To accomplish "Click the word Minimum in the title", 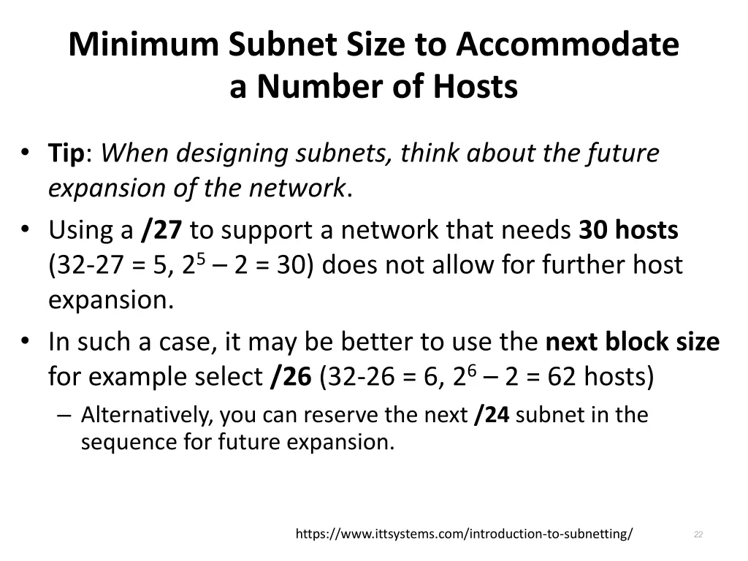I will click(x=143, y=45).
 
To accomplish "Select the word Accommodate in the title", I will click(x=568, y=45).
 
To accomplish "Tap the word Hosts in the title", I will click(x=475, y=87).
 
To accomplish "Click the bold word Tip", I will click(x=66, y=153).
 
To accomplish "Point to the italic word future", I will click(x=622, y=153).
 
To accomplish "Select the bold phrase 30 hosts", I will click(x=628, y=230).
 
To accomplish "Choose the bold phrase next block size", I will click(x=633, y=341).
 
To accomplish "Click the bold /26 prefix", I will click(x=291, y=377).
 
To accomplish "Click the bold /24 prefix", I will click(x=491, y=415).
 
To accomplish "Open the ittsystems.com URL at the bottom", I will click(x=464, y=534).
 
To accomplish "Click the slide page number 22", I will click(x=698, y=535).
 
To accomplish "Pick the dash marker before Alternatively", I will click(x=64, y=415).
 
